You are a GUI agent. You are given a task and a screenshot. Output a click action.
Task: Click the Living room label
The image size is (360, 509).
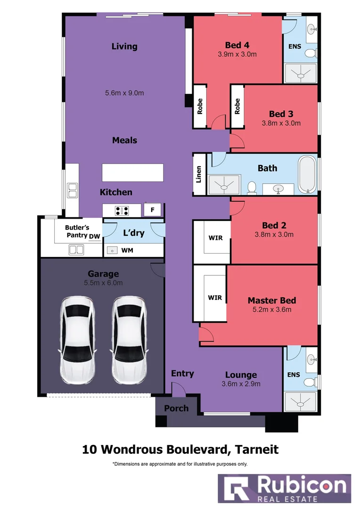[124, 46]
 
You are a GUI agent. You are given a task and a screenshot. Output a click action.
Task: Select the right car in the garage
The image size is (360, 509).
[129, 340]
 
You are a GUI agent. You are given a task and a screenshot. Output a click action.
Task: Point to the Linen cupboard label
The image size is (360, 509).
[199, 174]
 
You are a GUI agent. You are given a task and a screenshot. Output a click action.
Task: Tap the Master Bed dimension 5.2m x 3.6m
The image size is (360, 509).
[272, 310]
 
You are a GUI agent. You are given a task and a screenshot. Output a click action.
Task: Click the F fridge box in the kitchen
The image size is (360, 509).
[153, 210]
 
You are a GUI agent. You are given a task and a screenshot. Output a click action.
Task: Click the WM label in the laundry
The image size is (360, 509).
[127, 250]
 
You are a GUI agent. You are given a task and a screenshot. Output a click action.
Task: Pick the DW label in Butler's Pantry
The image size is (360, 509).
[95, 235]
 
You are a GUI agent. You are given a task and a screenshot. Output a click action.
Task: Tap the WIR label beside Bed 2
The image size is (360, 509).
[216, 238]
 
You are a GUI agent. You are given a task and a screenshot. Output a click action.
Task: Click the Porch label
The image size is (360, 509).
[176, 408]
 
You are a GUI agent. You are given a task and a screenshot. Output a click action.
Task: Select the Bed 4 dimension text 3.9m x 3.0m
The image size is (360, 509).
[237, 54]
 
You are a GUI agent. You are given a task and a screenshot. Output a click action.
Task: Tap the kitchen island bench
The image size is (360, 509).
[133, 172]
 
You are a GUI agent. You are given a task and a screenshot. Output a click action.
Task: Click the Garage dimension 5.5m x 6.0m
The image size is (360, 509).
[103, 283]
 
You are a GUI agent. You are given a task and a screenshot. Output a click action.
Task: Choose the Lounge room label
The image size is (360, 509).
[241, 375]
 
